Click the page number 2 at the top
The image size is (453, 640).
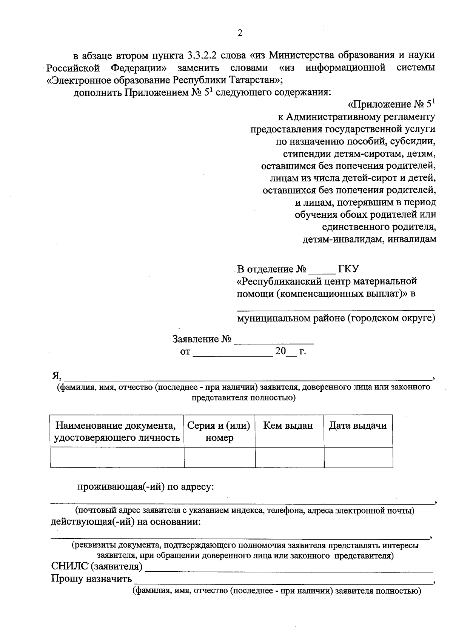coord(240,33)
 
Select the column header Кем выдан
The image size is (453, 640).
coord(288,426)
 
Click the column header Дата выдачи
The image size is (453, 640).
coord(357,426)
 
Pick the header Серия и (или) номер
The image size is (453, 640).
coord(219,432)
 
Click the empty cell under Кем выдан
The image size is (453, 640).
coord(289,457)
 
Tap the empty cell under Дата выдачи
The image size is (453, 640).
coord(358,457)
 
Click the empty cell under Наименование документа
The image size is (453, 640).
coord(117,457)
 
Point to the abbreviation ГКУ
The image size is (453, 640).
coord(348,269)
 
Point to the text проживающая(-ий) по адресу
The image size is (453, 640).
coord(145,487)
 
